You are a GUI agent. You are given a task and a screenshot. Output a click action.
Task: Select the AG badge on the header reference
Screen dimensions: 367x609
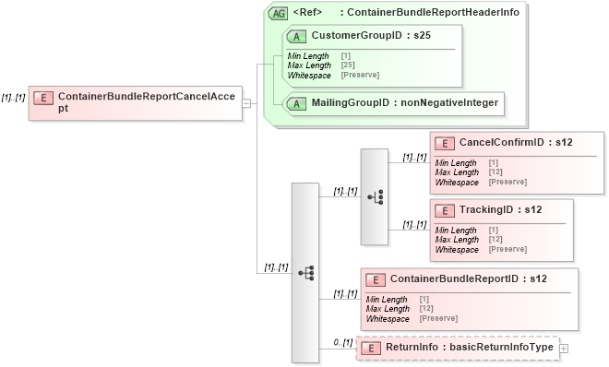click(278, 13)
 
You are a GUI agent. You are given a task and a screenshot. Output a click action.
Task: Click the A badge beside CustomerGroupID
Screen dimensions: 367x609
click(297, 36)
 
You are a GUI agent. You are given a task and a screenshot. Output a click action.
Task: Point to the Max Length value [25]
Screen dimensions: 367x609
click(346, 65)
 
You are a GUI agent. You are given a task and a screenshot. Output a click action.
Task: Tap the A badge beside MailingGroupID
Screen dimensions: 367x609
click(297, 103)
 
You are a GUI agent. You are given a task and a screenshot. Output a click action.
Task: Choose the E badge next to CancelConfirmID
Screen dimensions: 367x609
click(445, 143)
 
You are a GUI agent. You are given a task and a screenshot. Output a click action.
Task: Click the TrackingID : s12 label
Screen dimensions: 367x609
click(500, 210)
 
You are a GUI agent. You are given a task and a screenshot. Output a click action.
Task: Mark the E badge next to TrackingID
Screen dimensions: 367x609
click(445, 210)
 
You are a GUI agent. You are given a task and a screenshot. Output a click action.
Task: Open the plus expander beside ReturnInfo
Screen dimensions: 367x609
click(564, 349)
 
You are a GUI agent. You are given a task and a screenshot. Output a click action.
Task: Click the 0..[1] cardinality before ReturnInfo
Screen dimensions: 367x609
click(342, 343)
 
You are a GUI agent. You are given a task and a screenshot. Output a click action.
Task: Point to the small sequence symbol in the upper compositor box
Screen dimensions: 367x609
click(375, 196)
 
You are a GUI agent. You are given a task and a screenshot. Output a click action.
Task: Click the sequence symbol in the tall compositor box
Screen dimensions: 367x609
click(305, 273)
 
